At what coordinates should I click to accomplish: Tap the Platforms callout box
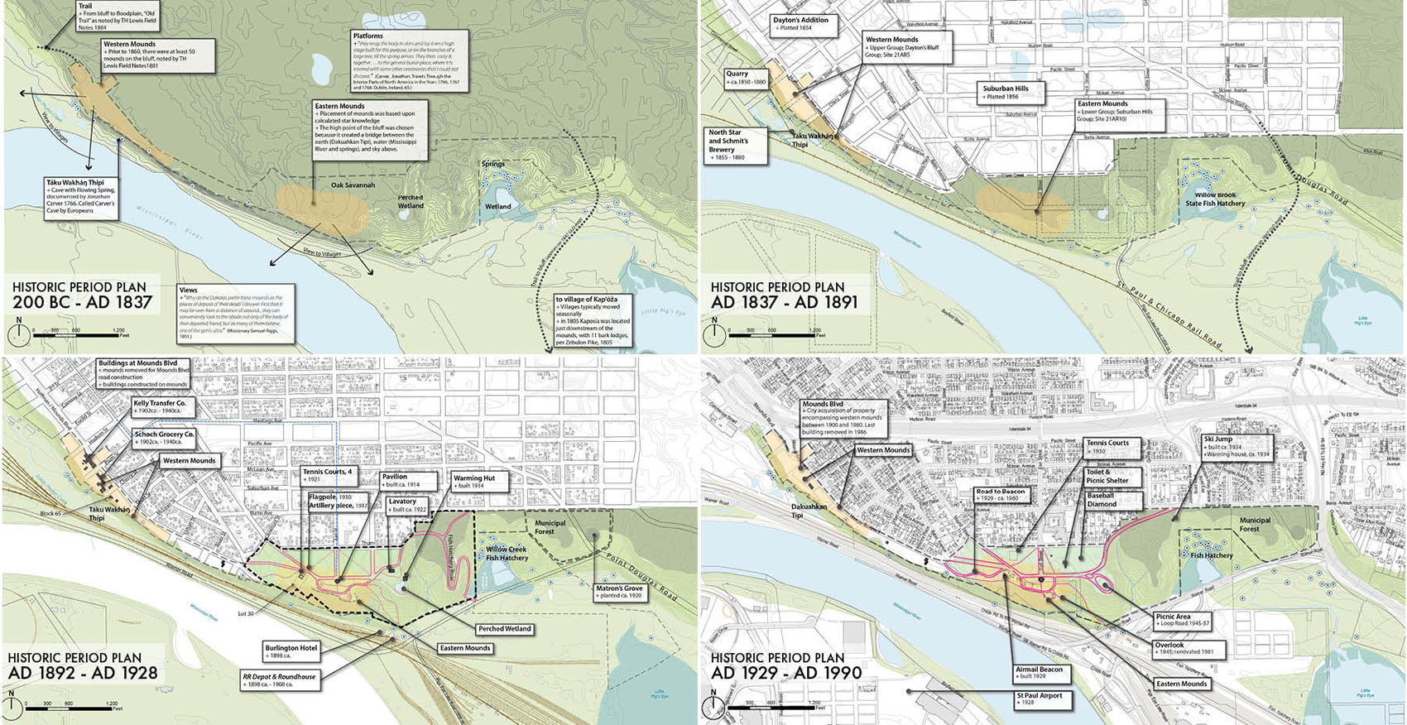409,61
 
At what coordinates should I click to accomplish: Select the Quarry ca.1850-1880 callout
747,78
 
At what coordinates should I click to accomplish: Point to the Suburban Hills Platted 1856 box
1011,92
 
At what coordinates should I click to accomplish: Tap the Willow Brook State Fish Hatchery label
1214,199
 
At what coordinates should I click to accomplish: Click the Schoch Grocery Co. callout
165,438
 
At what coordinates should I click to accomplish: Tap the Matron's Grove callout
620,592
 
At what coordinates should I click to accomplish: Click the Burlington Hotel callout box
291,651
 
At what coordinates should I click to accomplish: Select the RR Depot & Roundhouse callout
279,680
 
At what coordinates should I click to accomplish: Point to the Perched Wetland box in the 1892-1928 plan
503,629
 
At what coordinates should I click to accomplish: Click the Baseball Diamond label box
1113,500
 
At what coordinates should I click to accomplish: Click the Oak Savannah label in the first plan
353,185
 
